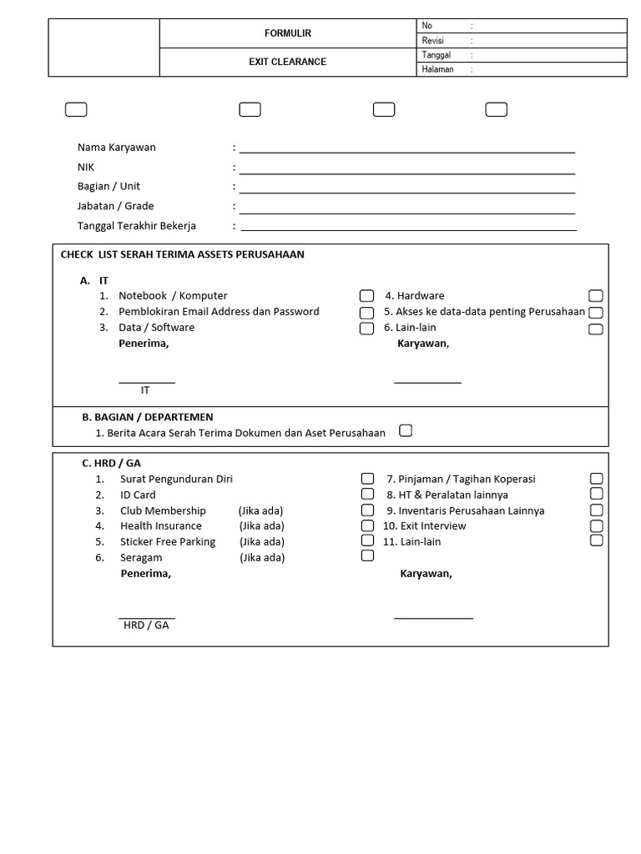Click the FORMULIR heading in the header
click(x=287, y=33)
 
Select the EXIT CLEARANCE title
click(x=287, y=62)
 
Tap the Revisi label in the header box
click(x=433, y=40)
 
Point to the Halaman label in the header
click(x=437, y=69)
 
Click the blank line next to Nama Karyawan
click(x=407, y=150)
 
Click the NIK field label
click(x=86, y=167)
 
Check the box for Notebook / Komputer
click(x=366, y=296)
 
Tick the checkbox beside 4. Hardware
click(x=595, y=296)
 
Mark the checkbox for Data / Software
click(x=366, y=329)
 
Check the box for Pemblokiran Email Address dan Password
click(x=366, y=313)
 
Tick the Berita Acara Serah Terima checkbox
click(x=406, y=431)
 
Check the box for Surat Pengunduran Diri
click(x=367, y=479)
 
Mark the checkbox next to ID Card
click(x=367, y=495)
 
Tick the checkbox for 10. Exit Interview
click(x=596, y=526)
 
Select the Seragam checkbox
click(x=367, y=556)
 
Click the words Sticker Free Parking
click(x=168, y=542)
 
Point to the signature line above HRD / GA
click(x=148, y=618)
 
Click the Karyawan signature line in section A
click(x=427, y=382)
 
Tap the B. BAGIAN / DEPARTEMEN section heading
click(x=148, y=417)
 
